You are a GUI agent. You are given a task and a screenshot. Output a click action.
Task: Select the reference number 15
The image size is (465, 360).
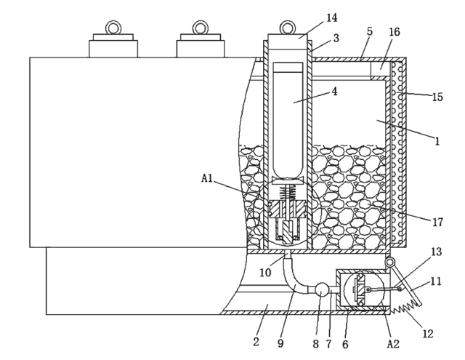tap(436, 96)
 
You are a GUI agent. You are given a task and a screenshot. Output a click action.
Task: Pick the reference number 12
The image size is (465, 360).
tap(427, 334)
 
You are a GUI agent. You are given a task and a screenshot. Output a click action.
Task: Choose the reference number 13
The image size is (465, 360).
tap(436, 251)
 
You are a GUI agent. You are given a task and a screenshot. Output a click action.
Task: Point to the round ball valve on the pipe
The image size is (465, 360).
tap(320, 289)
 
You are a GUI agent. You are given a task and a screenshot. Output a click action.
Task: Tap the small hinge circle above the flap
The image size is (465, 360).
tap(391, 262)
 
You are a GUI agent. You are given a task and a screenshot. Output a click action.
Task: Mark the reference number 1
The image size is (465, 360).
tap(437, 141)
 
